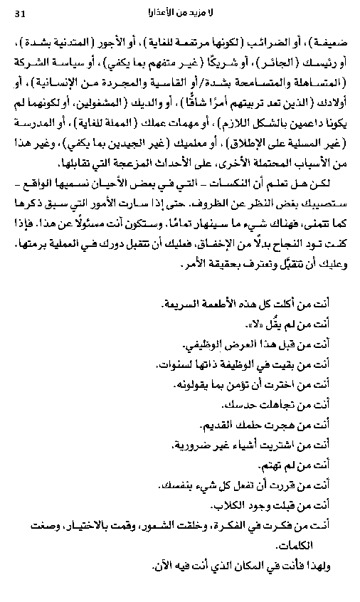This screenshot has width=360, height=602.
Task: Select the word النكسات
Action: pos(256,186)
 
